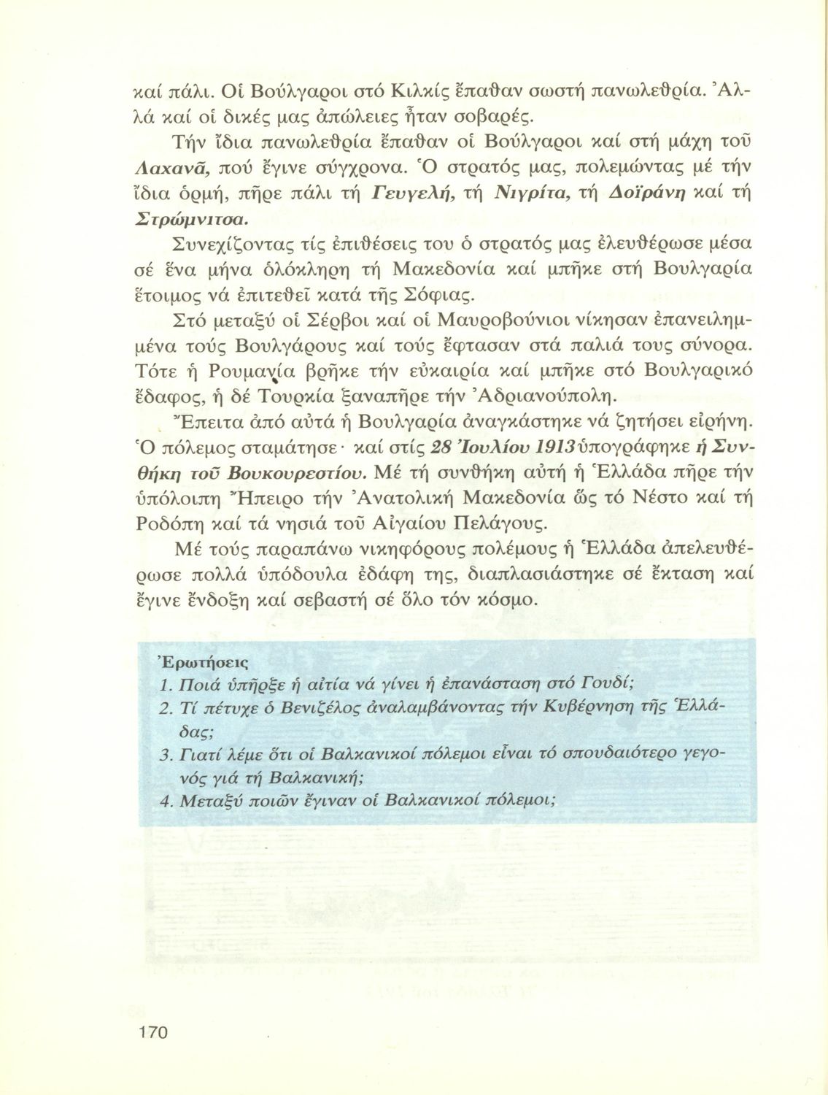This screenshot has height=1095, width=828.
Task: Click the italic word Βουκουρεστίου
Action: click(307, 476)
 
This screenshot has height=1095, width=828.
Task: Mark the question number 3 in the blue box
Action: click(164, 754)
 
